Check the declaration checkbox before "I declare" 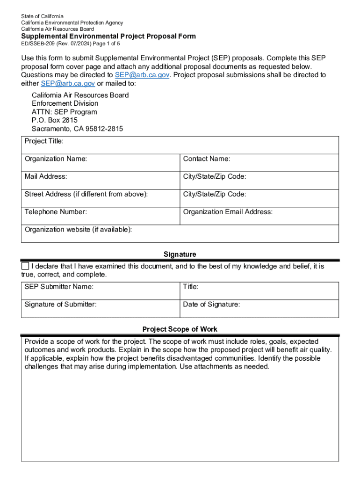[25, 266]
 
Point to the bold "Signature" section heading [180, 254]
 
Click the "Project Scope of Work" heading [180, 329]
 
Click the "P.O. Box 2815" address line [55, 120]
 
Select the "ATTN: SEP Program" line [65, 112]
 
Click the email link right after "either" [68, 83]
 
